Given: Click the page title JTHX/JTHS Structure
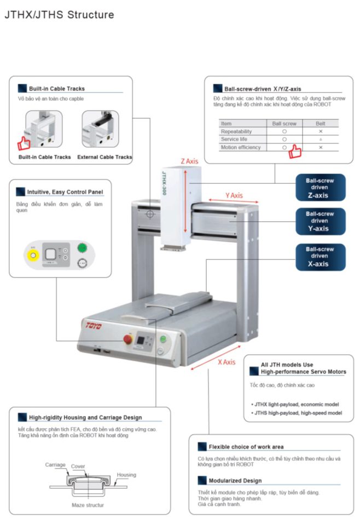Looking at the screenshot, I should pyautogui.click(x=59, y=15).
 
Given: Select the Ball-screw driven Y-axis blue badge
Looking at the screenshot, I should pyautogui.click(x=320, y=221).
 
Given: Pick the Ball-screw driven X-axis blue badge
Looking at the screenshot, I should pyautogui.click(x=320, y=256).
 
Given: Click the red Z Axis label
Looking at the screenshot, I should pyautogui.click(x=189, y=161).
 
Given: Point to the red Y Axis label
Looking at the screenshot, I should pyautogui.click(x=234, y=195).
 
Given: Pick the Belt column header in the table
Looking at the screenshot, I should pyautogui.click(x=320, y=124).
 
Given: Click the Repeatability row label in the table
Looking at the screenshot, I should pyautogui.click(x=236, y=131).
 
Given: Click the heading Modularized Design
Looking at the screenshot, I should pyautogui.click(x=235, y=480).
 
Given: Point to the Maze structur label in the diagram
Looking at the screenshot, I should pyautogui.click(x=88, y=505).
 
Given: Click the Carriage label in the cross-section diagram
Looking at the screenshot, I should pyautogui.click(x=55, y=465).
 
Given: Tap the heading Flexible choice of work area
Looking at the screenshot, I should pyautogui.click(x=246, y=447).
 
